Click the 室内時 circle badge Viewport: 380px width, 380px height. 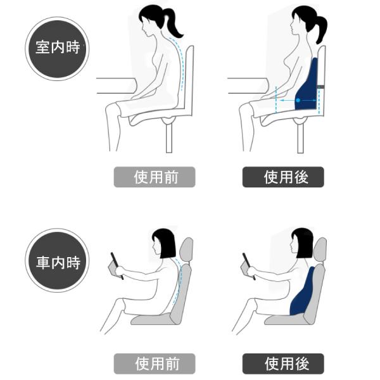tap(57, 49)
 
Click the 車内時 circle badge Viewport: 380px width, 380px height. tap(57, 260)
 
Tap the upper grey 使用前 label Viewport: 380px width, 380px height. tap(155, 177)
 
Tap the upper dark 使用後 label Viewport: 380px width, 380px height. tap(283, 177)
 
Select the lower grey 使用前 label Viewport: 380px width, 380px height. tap(155, 364)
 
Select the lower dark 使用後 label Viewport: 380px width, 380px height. tap(283, 364)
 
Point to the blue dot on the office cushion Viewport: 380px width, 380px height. tap(298, 100)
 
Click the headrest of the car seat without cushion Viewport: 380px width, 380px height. tap(187, 250)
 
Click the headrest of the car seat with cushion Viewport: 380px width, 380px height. tap(320, 250)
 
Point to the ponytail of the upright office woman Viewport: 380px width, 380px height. tap(320, 29)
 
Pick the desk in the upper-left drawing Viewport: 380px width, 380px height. tap(116, 85)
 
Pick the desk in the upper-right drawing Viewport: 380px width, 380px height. tap(248, 85)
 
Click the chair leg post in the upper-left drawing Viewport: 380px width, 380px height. tap(169, 137)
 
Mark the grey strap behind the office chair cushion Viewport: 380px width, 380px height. tap(321, 87)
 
